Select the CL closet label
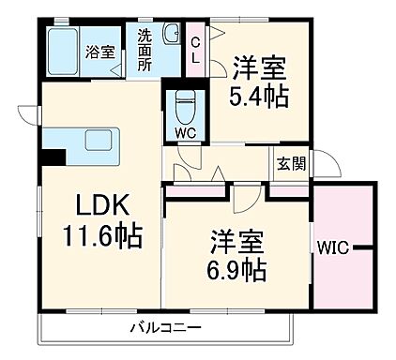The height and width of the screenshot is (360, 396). pyautogui.click(x=195, y=48)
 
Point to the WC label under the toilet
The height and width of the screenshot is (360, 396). pyautogui.click(x=184, y=132)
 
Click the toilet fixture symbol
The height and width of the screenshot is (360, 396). pyautogui.click(x=184, y=104)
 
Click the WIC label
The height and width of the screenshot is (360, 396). pyautogui.click(x=331, y=248)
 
